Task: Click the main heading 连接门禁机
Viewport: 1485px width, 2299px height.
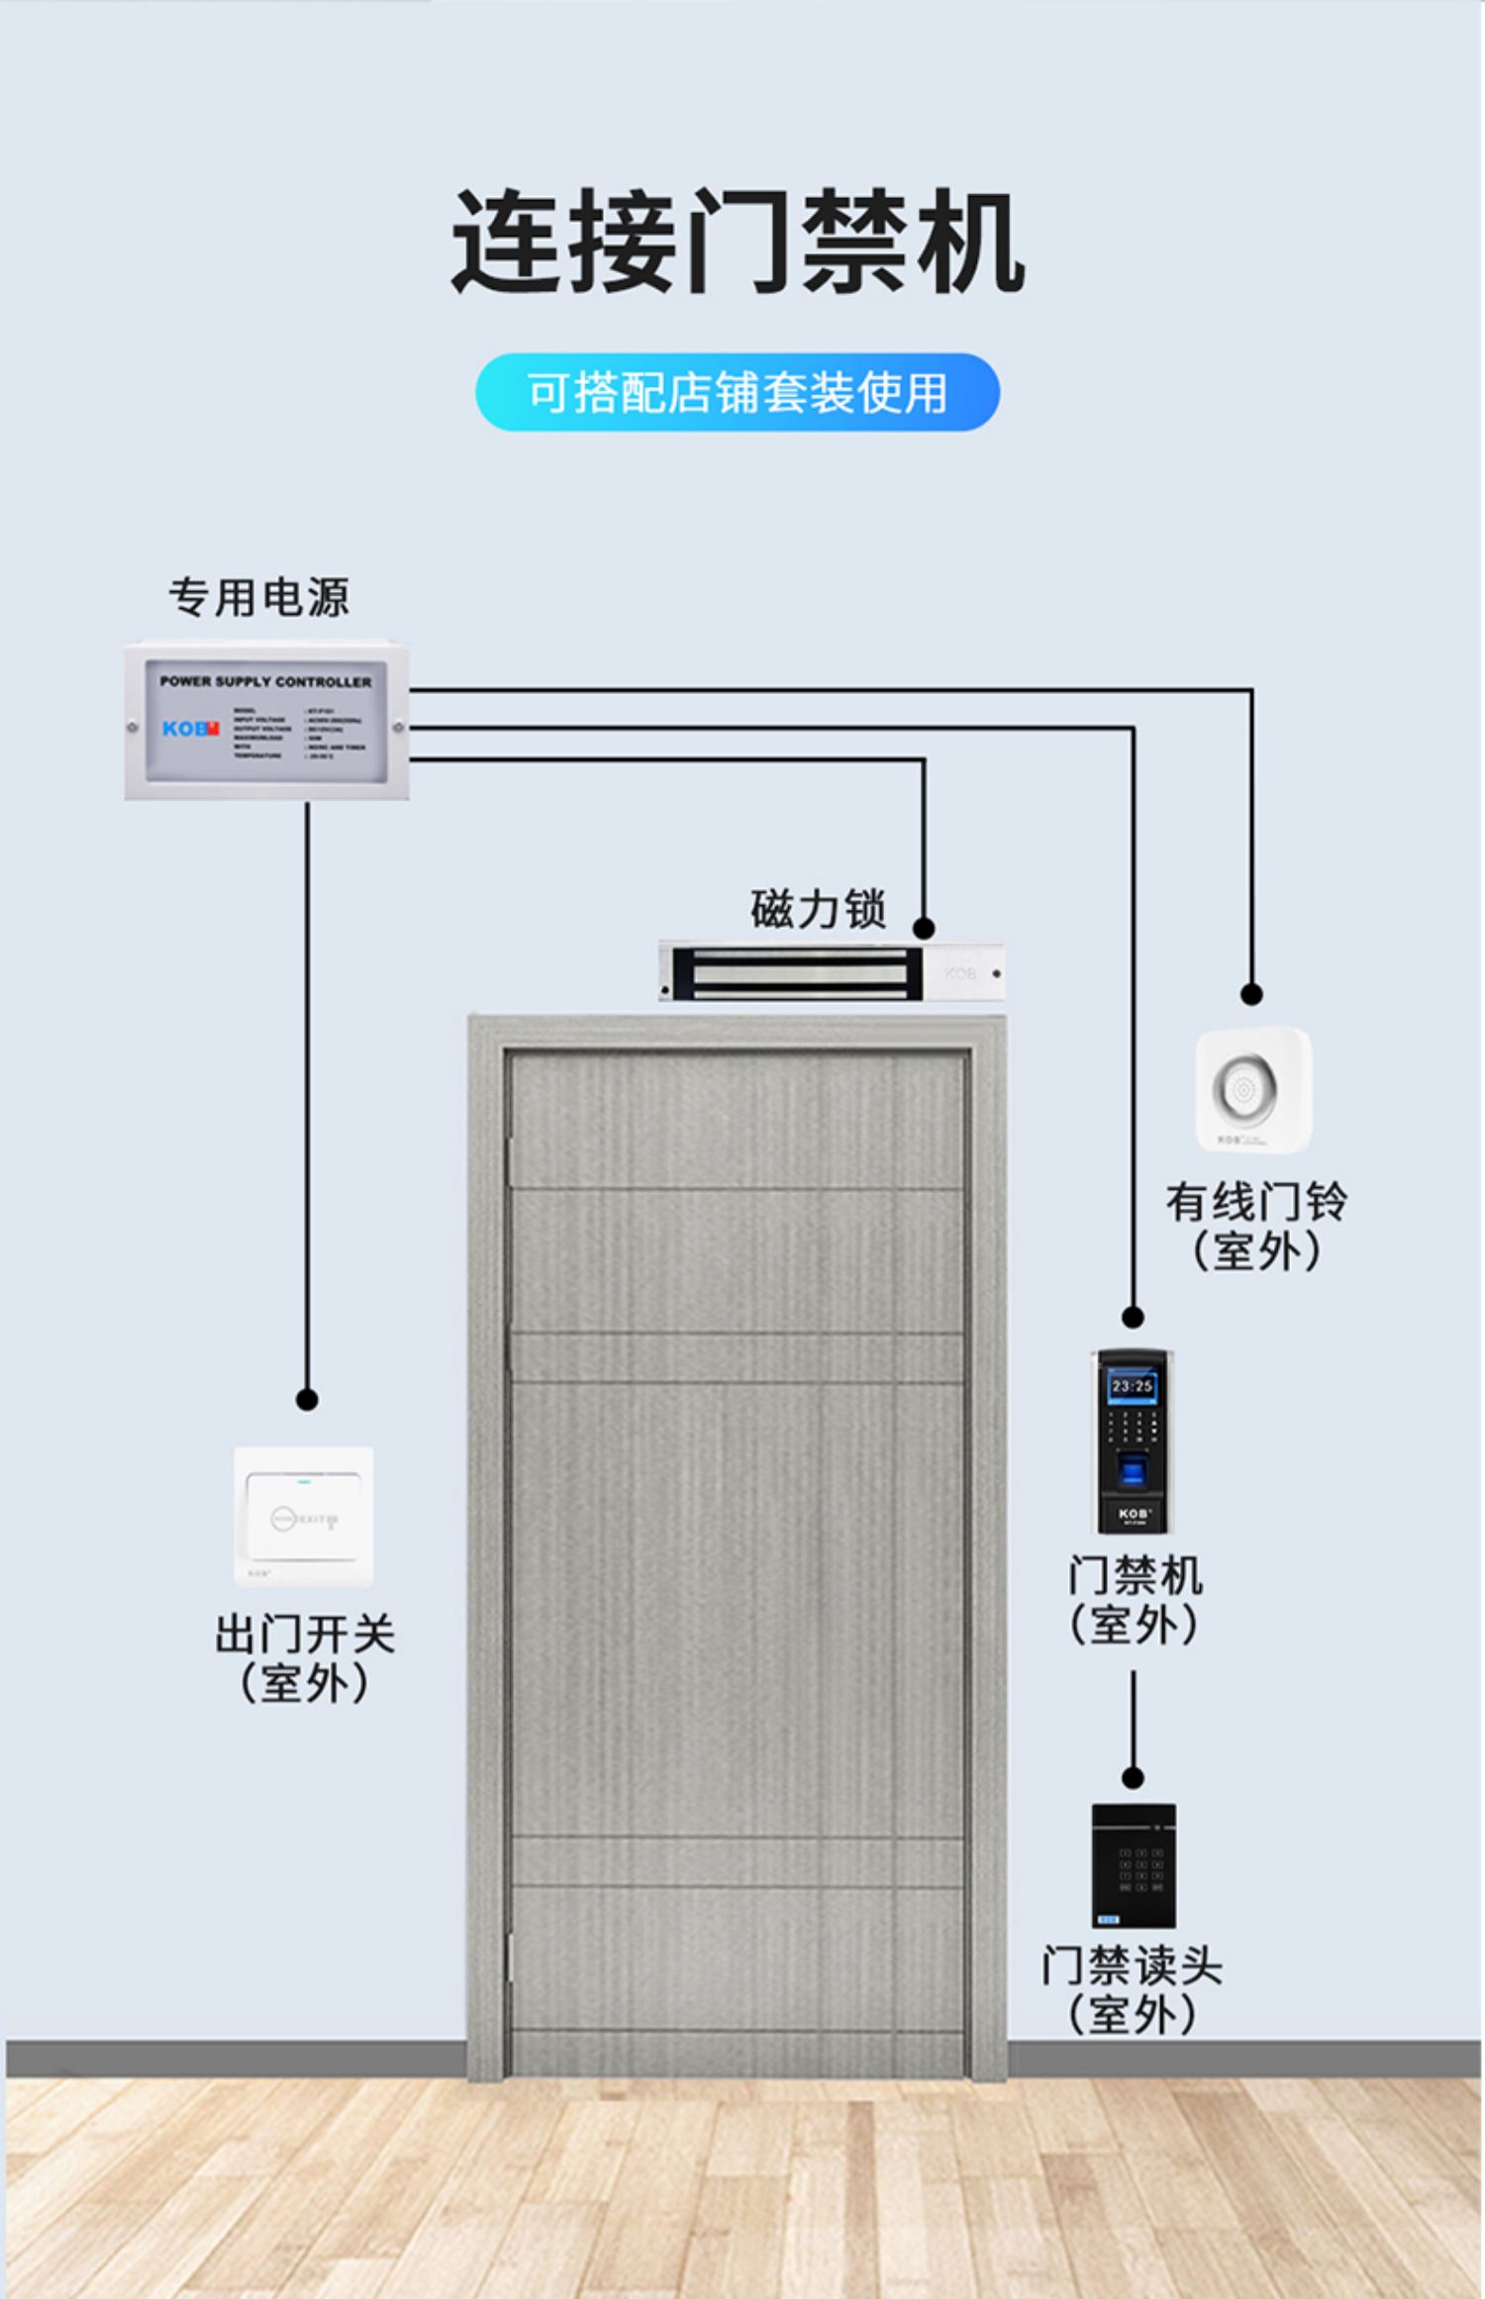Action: (738, 242)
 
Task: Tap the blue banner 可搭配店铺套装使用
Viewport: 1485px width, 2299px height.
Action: (738, 392)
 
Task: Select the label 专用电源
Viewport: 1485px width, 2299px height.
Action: (258, 597)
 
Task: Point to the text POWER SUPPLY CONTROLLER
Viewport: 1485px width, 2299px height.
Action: (265, 681)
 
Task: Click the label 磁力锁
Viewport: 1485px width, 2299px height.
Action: (818, 909)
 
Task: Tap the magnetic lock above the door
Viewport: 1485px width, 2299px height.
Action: (832, 971)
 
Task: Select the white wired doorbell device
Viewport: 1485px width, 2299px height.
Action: (1253, 1089)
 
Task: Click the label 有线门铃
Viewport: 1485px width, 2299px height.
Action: (1255, 1202)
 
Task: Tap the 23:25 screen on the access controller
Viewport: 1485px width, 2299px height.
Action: (1132, 1386)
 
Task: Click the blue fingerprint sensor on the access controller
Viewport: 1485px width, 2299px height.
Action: (1132, 1469)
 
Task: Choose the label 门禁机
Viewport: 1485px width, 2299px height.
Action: (1135, 1575)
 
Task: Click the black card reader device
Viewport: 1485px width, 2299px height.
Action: (1134, 1865)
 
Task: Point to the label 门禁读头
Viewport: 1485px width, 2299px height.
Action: (1132, 1965)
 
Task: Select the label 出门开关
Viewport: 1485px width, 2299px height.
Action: (305, 1634)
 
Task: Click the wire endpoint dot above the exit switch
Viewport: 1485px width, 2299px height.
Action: (307, 1400)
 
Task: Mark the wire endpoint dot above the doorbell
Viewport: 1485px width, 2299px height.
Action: (1251, 994)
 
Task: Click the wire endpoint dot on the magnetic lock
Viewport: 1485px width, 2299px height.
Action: (924, 928)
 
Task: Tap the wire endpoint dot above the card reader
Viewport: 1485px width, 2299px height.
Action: (1134, 1778)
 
